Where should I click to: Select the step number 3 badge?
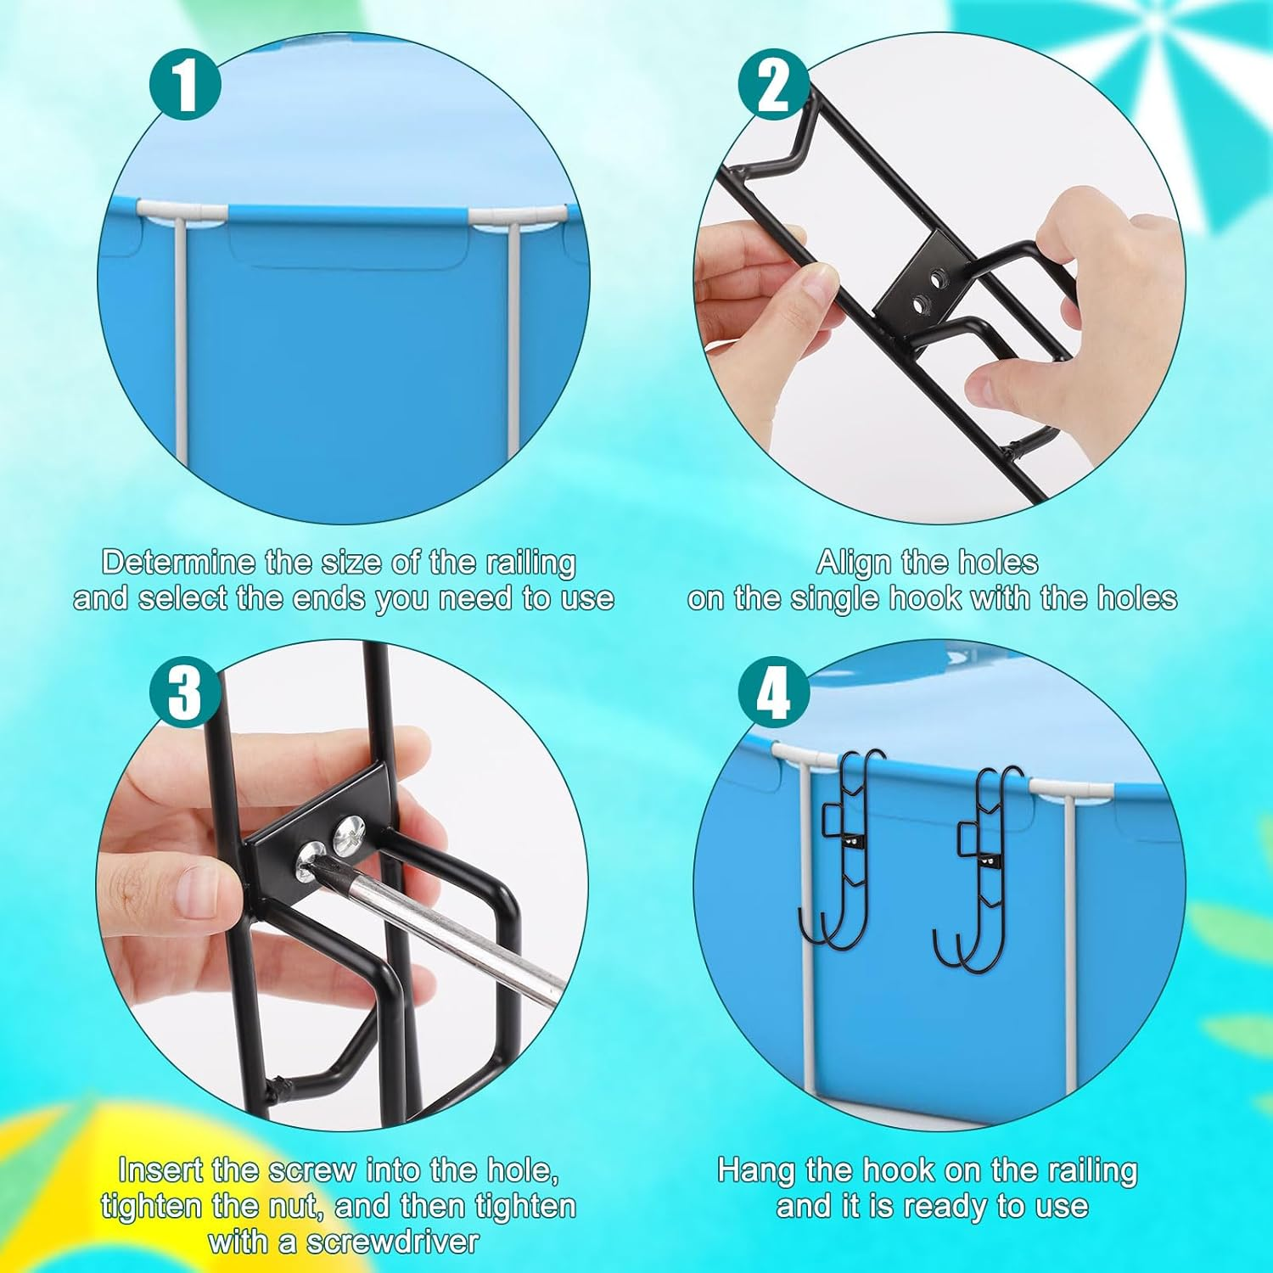tap(186, 693)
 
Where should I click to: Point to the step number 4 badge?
tap(774, 693)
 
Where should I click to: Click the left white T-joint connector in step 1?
tap(182, 211)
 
